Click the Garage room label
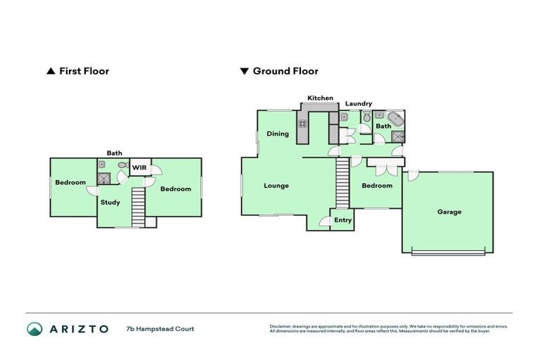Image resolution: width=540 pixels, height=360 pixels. point(449,212)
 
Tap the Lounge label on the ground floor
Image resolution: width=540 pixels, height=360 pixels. point(276,186)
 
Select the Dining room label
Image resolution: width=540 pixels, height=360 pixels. point(277,134)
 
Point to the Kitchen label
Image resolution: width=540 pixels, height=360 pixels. point(320,98)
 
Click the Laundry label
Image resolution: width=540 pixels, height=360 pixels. point(359,104)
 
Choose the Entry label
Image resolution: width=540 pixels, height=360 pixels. point(342,220)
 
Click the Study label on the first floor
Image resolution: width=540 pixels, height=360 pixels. point(110,202)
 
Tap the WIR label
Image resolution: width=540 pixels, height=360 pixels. point(139,168)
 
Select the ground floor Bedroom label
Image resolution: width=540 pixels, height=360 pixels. point(377,186)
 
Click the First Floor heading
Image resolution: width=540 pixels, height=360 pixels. point(84,71)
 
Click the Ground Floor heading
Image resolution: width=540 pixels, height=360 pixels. point(285,71)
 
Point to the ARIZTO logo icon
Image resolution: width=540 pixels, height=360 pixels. point(34,328)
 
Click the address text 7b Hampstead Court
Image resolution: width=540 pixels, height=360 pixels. point(160,328)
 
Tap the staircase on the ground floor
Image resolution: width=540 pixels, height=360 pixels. point(342,183)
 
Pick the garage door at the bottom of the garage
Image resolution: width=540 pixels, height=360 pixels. point(448,253)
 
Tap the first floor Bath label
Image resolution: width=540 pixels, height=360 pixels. point(114,153)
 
